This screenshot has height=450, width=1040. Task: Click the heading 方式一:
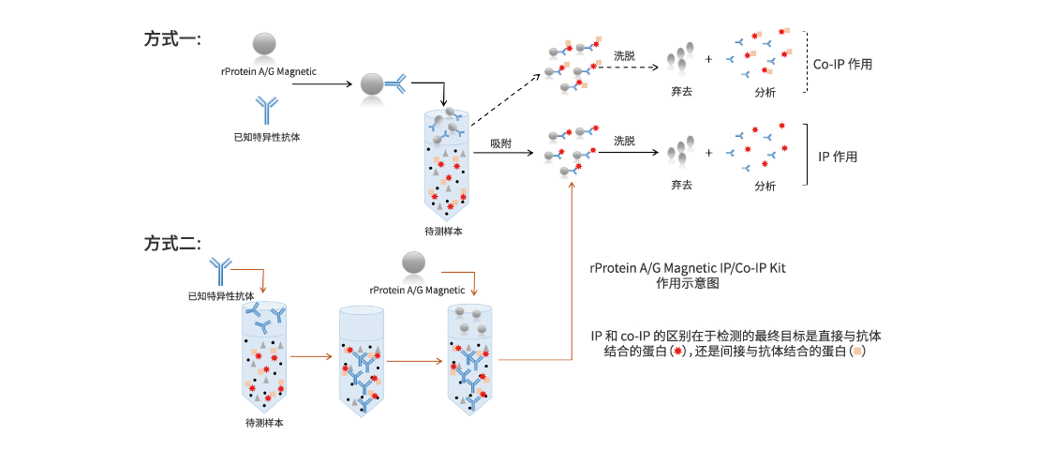pyautogui.click(x=173, y=38)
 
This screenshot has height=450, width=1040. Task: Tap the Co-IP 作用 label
pyautogui.click(x=842, y=65)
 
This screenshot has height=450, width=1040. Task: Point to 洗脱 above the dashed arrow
pyautogui.click(x=624, y=56)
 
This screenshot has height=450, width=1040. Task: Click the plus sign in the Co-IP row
pyautogui.click(x=708, y=59)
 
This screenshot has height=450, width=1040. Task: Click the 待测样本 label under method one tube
pyautogui.click(x=443, y=231)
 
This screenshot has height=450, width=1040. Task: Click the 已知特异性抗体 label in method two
pyautogui.click(x=221, y=295)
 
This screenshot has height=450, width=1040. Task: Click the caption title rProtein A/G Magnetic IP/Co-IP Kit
pyautogui.click(x=688, y=268)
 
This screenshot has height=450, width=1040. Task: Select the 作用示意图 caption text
pyautogui.click(x=688, y=282)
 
